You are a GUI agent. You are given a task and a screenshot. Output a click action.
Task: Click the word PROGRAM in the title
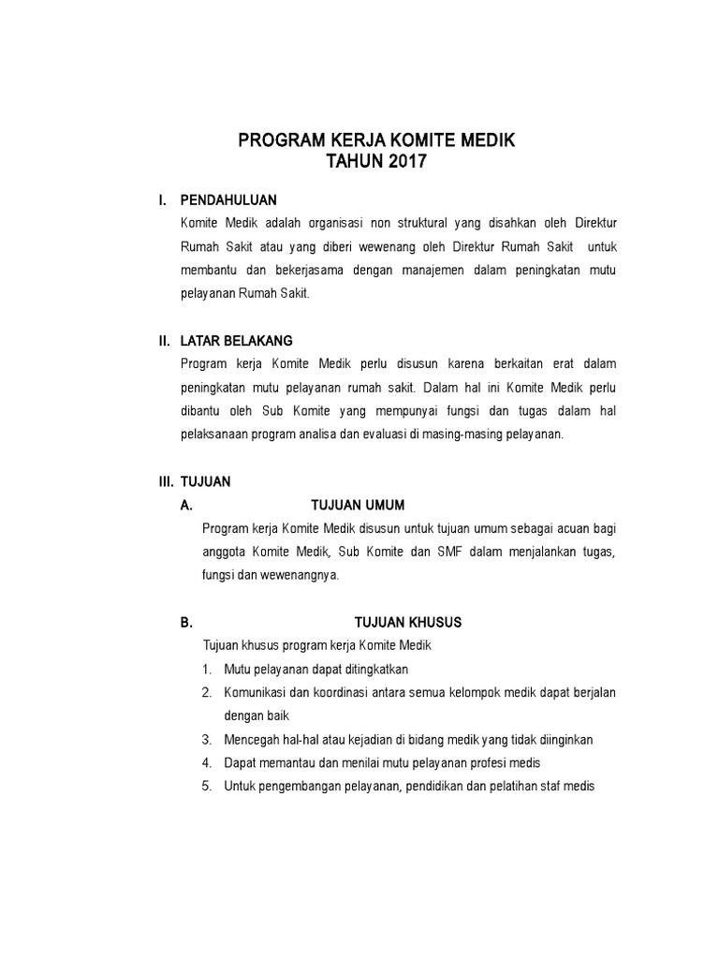[x=278, y=140]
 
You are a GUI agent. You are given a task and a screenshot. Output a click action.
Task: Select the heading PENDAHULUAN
[x=228, y=200]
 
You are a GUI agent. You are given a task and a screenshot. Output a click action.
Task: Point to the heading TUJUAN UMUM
[x=358, y=505]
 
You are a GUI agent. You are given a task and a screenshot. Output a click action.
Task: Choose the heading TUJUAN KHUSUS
[x=407, y=622]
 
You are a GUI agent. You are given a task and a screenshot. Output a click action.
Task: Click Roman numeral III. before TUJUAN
[x=166, y=481]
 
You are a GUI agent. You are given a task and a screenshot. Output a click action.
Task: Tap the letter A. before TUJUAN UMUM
[x=186, y=505]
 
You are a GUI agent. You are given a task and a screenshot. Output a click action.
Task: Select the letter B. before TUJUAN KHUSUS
[x=186, y=622]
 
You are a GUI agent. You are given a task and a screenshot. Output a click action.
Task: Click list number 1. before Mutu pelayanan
[x=206, y=670]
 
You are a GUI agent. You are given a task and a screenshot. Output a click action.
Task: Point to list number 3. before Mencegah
[x=206, y=740]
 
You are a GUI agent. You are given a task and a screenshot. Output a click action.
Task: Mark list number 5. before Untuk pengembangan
[x=206, y=787]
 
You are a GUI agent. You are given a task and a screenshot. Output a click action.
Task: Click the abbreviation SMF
[x=449, y=552]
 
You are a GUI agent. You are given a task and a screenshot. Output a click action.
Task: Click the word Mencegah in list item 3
[x=253, y=740]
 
